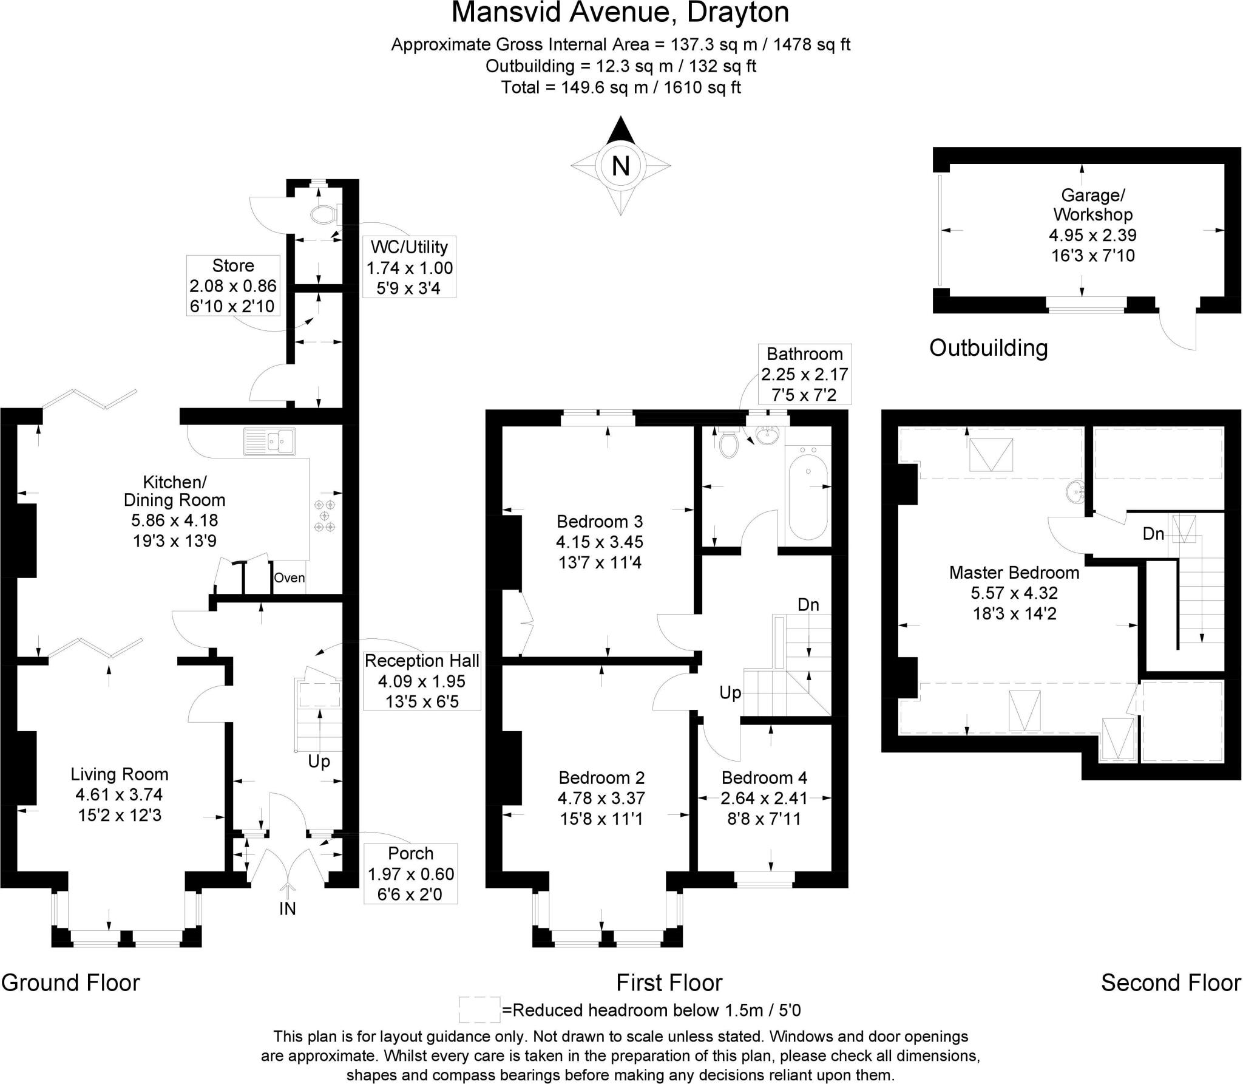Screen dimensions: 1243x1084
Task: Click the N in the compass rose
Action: tap(620, 165)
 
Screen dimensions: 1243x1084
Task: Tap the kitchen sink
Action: tap(269, 441)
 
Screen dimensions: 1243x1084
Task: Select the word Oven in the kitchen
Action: tap(289, 578)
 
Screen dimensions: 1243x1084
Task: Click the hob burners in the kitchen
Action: tap(325, 516)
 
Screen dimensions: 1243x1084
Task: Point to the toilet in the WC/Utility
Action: tap(322, 214)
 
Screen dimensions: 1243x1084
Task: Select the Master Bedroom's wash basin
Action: tap(1075, 491)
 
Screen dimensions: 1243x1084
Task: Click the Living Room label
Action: tap(120, 774)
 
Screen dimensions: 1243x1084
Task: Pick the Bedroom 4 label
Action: tap(764, 778)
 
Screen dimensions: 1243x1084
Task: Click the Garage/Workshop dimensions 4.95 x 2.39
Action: tap(1092, 235)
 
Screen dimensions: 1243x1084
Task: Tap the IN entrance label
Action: tap(287, 908)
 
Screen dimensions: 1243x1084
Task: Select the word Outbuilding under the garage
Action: tap(988, 348)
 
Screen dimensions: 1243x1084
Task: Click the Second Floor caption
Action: tap(1171, 983)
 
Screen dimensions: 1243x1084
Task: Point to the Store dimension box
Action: tap(233, 285)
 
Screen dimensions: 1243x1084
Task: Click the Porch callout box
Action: tap(411, 873)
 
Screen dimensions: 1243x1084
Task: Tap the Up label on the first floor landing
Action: tap(730, 692)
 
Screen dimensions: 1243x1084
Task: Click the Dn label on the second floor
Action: tap(1153, 534)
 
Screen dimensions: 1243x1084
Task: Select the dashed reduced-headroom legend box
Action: tap(479, 1010)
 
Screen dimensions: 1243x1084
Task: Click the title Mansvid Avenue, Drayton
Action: tap(620, 13)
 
